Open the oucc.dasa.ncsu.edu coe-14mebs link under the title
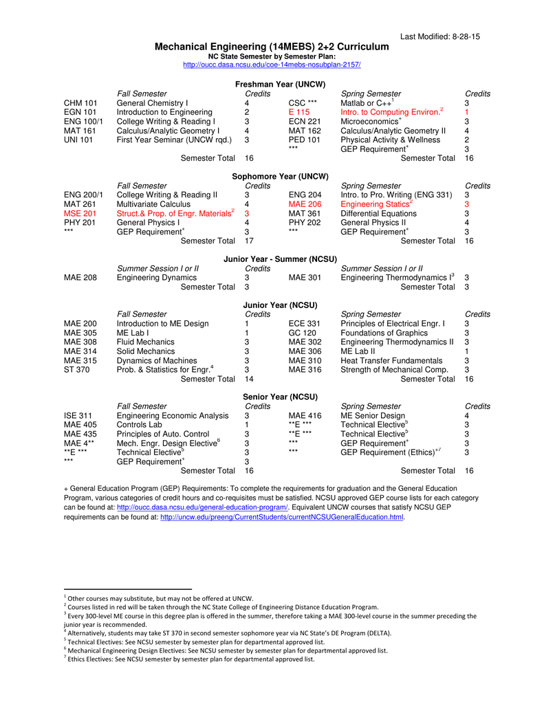click(272, 64)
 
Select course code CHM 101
click(80, 102)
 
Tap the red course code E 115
click(299, 112)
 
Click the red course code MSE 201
click(80, 214)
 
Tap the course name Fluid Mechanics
click(146, 342)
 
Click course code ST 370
click(76, 370)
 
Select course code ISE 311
click(78, 416)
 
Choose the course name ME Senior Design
click(373, 416)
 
